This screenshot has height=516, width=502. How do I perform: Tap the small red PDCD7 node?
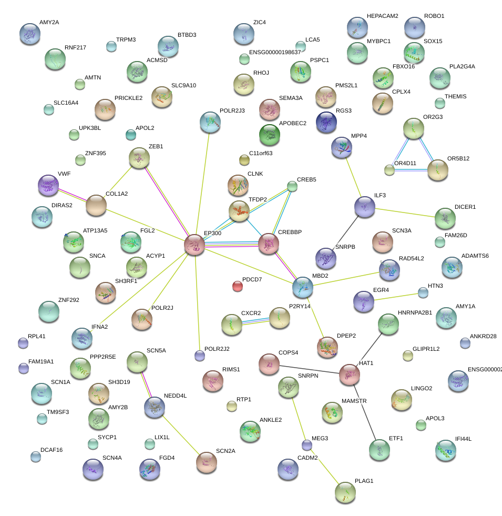click(x=238, y=286)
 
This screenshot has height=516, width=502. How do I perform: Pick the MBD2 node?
click(x=303, y=287)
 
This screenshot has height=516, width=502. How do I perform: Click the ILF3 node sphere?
click(x=364, y=207)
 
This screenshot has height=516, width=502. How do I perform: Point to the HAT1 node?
click(x=349, y=374)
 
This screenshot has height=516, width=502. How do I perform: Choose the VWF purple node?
click(x=48, y=185)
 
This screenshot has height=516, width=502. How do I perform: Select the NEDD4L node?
click(x=154, y=406)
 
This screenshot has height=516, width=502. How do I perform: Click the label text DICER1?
click(x=465, y=207)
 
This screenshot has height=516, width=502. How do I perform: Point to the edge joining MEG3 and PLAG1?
click(x=326, y=469)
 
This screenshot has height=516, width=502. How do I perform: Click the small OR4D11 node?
click(x=390, y=169)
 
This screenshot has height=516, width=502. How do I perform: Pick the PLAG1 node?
click(x=345, y=492)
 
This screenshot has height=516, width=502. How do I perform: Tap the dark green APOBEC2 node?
click(x=270, y=135)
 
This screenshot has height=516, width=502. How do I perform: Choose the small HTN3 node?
click(x=423, y=292)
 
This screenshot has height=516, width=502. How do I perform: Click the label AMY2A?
click(x=49, y=23)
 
